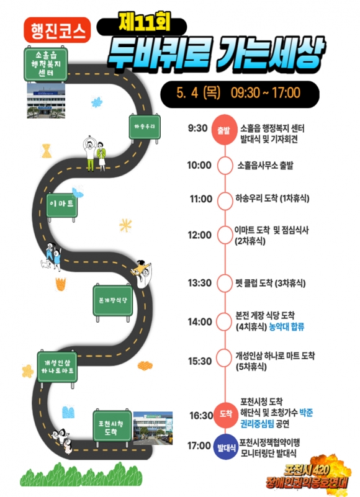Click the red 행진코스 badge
[57, 30]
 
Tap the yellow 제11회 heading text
[145, 22]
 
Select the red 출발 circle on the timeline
[224, 130]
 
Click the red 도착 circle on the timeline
[225, 414]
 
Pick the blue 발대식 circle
[226, 447]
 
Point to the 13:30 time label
[199, 283]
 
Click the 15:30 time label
[199, 361]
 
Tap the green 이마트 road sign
[62, 205]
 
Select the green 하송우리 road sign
[145, 127]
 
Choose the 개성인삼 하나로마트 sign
[57, 368]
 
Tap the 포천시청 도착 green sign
[112, 427]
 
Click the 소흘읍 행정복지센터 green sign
[46, 65]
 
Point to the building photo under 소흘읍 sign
[46, 101]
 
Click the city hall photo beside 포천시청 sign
[153, 428]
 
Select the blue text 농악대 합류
[286, 326]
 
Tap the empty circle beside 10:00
[225, 166]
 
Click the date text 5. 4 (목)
[199, 93]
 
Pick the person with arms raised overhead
[90, 153]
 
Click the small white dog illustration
[45, 264]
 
